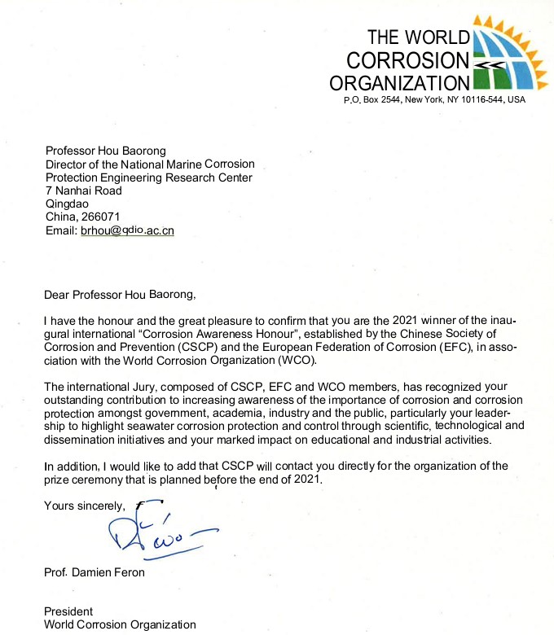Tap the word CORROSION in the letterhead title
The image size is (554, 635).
[x=408, y=60]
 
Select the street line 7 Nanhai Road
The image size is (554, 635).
[x=84, y=190]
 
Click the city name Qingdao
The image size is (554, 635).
[x=68, y=204]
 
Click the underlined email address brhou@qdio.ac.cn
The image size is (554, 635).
[x=127, y=230]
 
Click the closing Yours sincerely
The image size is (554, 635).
[x=84, y=506]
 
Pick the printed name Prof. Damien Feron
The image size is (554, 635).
[x=95, y=573]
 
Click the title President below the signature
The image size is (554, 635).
[x=69, y=611]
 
